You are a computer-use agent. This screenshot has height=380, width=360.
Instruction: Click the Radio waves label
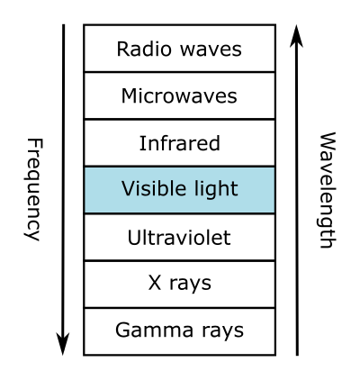click(179, 49)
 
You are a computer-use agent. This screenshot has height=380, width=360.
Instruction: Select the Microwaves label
click(179, 96)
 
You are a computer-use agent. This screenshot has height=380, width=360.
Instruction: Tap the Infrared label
click(180, 143)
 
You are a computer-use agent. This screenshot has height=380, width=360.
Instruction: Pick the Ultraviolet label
click(179, 238)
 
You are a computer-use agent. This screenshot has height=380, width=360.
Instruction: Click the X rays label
click(180, 284)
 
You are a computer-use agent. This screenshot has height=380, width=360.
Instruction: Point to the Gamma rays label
click(179, 330)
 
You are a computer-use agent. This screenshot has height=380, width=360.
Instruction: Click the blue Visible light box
click(180, 190)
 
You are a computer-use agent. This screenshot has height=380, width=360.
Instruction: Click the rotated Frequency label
click(33, 189)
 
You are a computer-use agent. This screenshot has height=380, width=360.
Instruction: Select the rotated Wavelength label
click(327, 190)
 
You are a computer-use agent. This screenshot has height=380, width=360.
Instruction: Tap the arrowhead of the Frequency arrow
click(63, 345)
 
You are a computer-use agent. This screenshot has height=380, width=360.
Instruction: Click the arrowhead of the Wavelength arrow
click(296, 36)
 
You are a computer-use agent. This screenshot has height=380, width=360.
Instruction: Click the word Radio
click(144, 49)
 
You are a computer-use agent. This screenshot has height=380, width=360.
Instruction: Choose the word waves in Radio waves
click(211, 51)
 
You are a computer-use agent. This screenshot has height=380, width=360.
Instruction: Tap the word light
click(212, 190)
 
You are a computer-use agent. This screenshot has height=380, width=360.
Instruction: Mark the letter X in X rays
click(155, 283)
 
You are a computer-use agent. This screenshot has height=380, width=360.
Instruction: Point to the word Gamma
click(154, 330)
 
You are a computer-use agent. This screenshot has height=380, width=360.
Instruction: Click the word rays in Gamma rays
click(223, 332)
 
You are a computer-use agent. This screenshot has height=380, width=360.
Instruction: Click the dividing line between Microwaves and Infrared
click(180, 120)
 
